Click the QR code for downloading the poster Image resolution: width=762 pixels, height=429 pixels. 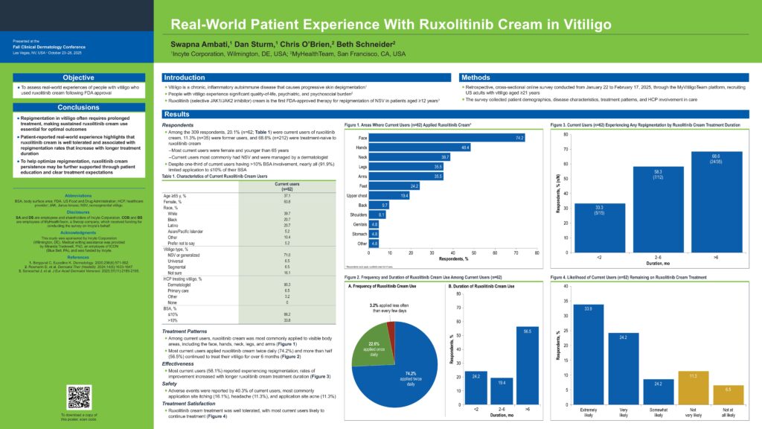78,395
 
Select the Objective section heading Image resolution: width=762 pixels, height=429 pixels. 78,77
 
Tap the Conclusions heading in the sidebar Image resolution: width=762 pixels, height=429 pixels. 78,107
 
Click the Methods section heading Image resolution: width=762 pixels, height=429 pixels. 476,77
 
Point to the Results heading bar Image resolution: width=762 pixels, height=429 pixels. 178,114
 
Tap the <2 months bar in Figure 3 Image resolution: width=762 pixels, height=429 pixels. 579,227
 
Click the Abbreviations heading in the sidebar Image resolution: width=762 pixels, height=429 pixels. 78,196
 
